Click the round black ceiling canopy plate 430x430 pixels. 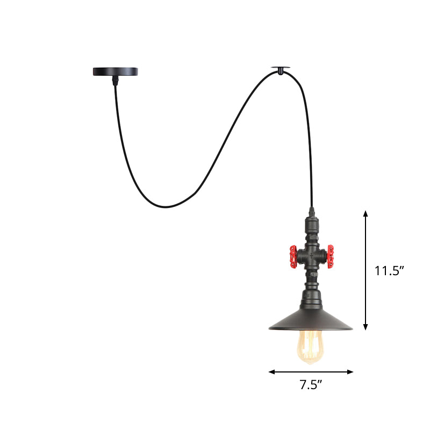[x=115, y=71]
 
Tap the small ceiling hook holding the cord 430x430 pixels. [x=282, y=68]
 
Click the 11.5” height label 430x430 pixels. [x=389, y=270]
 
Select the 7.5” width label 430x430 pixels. [x=311, y=384]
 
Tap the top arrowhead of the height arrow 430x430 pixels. [x=365, y=213]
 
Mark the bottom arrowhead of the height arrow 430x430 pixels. [x=365, y=327]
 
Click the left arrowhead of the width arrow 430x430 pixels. [x=271, y=371]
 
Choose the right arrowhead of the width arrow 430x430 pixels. [x=351, y=371]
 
